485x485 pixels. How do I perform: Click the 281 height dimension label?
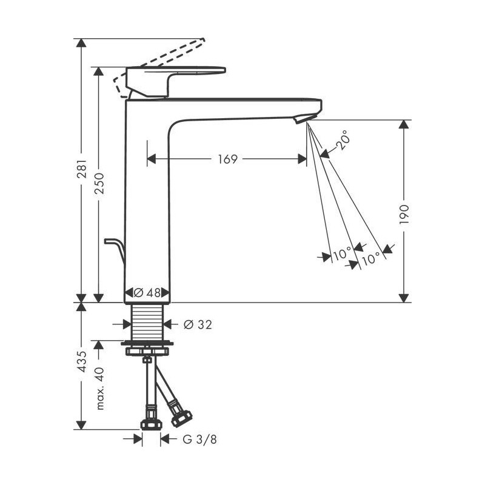[x=82, y=169]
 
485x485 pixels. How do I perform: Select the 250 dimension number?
[x=99, y=184]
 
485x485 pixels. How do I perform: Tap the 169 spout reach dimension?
[x=228, y=159]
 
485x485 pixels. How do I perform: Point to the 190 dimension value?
[x=404, y=215]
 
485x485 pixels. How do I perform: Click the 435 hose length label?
[x=82, y=361]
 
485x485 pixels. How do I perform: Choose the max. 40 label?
[x=99, y=389]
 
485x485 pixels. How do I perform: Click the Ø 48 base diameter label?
[x=147, y=292]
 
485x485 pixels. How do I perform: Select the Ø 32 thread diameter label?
[x=198, y=324]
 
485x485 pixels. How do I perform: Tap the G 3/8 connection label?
[x=199, y=439]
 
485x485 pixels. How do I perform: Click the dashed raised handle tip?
[x=202, y=41]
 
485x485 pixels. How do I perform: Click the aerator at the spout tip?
[x=304, y=118]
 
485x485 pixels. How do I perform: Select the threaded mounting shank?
[x=147, y=322]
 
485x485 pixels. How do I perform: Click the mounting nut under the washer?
[x=147, y=352]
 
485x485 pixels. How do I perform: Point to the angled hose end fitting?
[x=181, y=417]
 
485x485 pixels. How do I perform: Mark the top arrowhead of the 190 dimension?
[x=404, y=124]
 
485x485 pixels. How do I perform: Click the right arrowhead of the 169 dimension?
[x=302, y=159]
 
